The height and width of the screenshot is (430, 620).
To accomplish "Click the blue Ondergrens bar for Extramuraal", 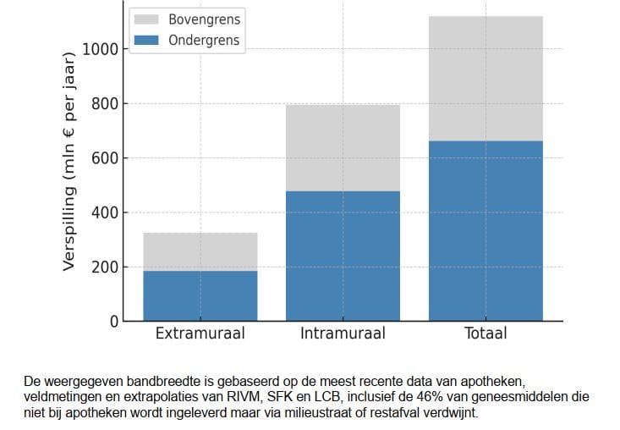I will point(200,295).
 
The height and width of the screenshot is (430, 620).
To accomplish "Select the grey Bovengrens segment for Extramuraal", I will point(200,251).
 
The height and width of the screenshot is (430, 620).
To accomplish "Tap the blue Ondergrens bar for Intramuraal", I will point(343,256).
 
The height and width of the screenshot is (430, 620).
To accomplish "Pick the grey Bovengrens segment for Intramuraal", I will point(343,148).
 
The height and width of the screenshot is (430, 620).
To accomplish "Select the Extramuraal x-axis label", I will point(200,334).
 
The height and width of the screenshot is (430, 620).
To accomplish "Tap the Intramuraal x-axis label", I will point(343,334).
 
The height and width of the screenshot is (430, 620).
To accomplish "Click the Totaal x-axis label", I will point(486,334).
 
